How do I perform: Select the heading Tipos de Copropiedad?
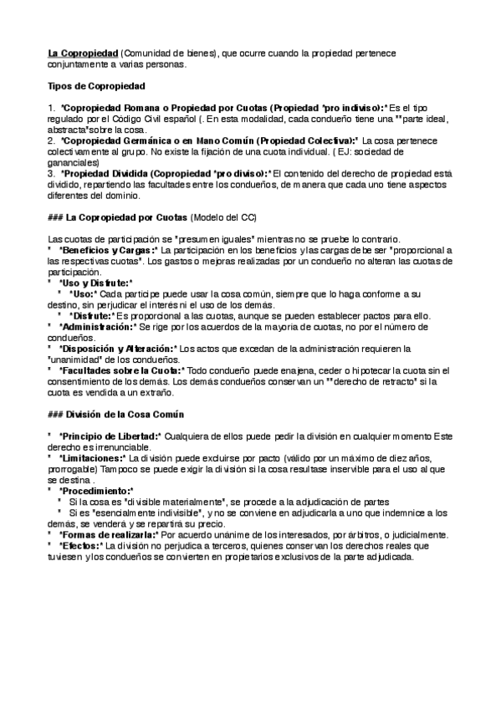pos(96,86)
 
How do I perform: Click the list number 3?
pos(50,174)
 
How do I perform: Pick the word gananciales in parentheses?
pos(74,163)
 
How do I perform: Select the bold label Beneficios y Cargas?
pos(107,250)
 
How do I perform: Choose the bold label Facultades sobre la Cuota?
pos(121,370)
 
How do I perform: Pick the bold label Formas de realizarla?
pos(108,533)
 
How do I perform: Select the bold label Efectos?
pos(79,544)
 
